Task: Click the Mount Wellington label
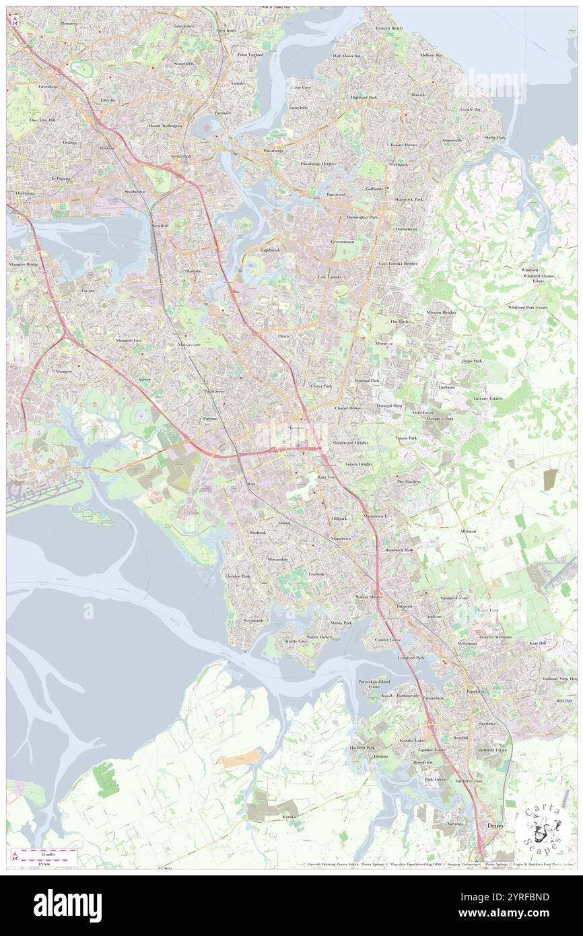(x=164, y=126)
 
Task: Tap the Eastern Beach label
(x=389, y=28)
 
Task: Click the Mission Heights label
(x=441, y=312)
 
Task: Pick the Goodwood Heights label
(x=351, y=442)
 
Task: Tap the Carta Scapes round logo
(x=538, y=829)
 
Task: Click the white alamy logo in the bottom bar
(x=67, y=905)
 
